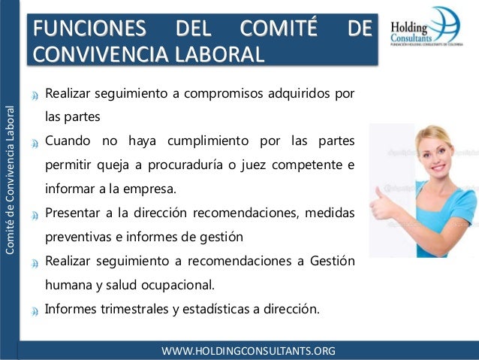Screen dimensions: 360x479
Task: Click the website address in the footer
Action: [x=254, y=351]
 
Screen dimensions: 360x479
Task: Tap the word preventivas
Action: [x=80, y=237]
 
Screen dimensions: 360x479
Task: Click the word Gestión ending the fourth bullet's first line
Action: [x=331, y=261]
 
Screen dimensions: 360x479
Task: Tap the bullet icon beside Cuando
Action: [x=35, y=143]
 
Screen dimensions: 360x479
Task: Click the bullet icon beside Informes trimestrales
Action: [x=35, y=310]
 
